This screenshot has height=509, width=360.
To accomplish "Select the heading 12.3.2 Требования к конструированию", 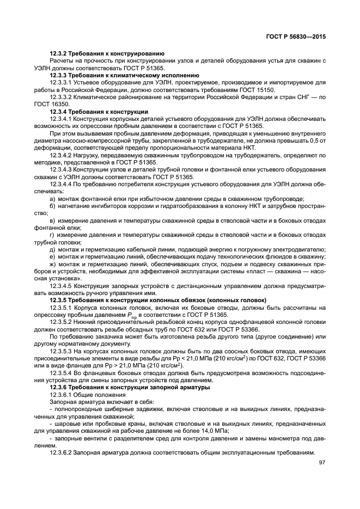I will click(107, 54).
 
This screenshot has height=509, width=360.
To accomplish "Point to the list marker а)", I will click(52, 199).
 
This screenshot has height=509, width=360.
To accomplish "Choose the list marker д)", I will click(52, 248).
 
